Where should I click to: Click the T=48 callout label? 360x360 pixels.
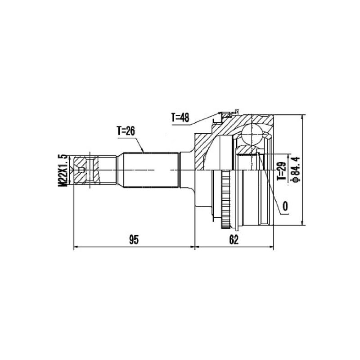point(180,118)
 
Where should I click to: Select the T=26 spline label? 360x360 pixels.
point(126,131)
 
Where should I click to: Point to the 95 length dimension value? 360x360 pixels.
point(134,240)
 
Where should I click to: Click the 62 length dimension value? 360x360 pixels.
point(234,240)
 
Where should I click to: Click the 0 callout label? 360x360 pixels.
point(285,207)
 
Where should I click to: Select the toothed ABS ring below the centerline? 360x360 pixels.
point(225,199)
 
